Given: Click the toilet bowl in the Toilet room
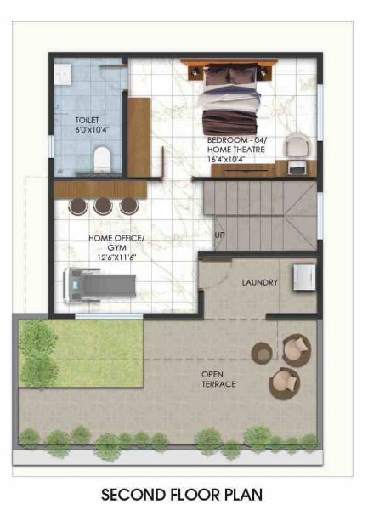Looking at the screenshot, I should coord(102,156).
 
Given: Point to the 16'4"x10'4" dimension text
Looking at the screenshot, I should coord(235,158).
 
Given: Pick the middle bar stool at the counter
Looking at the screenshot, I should coord(103,205).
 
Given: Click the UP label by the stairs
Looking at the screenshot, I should coord(219,235).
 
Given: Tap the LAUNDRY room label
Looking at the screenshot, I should coord(260,281).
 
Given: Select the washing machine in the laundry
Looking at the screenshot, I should coord(304,277).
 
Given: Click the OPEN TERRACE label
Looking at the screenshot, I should coord(218,379).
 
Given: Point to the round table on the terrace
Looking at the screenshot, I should coord(262,352).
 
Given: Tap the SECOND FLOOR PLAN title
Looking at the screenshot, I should coord(182,493).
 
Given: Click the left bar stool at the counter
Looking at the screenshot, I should coord(77,205).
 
